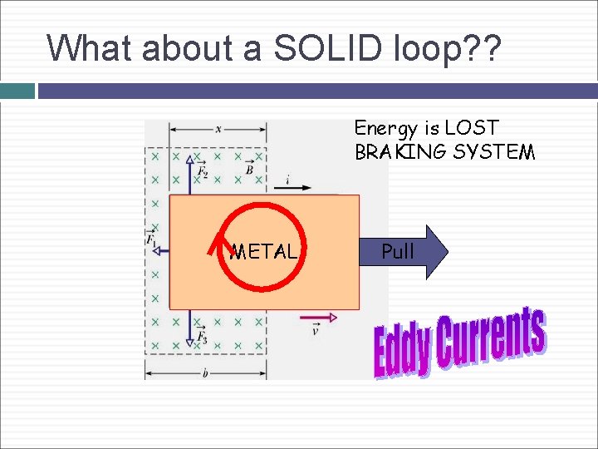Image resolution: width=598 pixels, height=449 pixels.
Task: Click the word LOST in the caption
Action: pos(471,128)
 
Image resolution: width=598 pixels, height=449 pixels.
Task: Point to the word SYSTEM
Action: pos(494,152)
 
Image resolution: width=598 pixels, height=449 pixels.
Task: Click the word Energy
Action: pos(387,128)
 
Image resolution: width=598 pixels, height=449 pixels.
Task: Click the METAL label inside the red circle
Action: pos(263,251)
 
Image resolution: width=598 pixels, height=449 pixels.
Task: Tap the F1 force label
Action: pos(151,239)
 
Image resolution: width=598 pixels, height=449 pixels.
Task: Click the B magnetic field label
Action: pos(249,169)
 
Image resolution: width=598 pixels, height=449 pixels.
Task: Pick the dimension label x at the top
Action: pos(218,129)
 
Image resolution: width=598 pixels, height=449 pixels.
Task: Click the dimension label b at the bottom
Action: pos(205,374)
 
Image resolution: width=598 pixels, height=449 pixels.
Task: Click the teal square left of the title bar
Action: pos(17,91)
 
